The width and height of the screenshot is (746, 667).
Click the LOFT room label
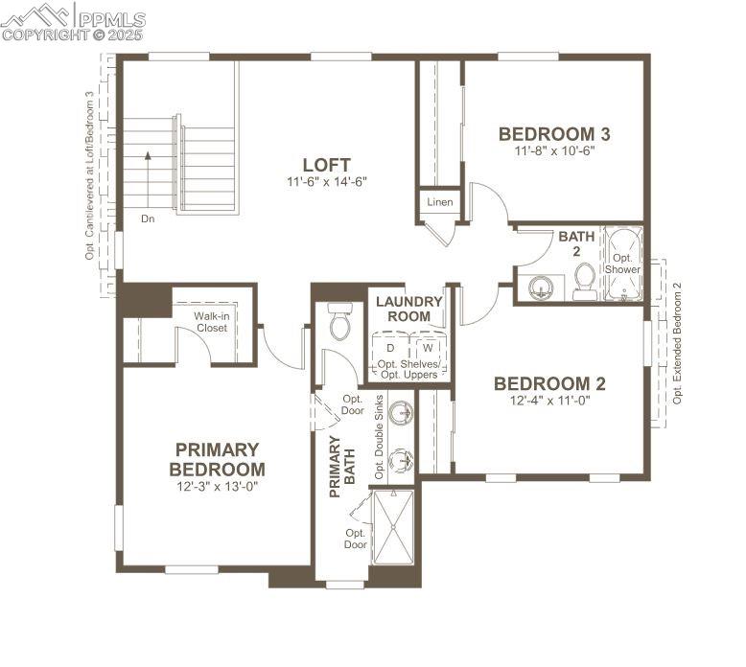point(326,165)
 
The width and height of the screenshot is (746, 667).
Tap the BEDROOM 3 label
point(554,134)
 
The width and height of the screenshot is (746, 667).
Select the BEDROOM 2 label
point(549,383)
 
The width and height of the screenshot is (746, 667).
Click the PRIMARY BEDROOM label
point(218,459)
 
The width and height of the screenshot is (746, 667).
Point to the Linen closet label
point(440,202)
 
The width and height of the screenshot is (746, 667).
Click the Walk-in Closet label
point(212,322)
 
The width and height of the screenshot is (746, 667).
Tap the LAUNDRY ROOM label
point(409,309)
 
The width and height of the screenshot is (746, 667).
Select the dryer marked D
point(390,347)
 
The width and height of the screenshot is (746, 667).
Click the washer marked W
point(428,347)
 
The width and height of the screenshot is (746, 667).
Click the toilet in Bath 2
point(585,281)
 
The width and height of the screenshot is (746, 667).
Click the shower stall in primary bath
point(392,527)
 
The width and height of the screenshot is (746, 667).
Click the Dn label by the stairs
point(148,218)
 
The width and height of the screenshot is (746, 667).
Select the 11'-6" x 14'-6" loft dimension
point(326,182)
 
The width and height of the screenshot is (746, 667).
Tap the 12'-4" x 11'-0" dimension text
point(549,402)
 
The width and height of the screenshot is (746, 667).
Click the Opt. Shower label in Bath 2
point(622,264)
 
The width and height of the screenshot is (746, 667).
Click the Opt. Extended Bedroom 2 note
point(677,343)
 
